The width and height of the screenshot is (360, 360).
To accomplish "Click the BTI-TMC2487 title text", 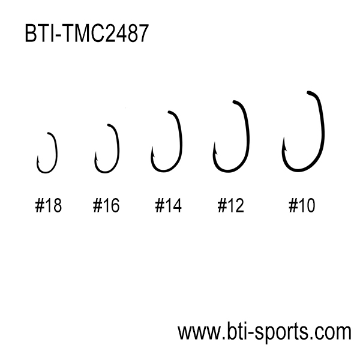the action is pyautogui.click(x=87, y=33).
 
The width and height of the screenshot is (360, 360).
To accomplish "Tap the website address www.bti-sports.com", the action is pyautogui.click(x=264, y=332).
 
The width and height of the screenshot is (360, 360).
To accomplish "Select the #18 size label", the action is pyautogui.click(x=49, y=205).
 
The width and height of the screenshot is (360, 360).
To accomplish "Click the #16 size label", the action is pyautogui.click(x=106, y=205).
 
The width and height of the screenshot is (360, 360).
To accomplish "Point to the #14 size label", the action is pyautogui.click(x=168, y=205).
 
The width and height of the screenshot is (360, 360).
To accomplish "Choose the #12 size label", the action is pyautogui.click(x=231, y=205).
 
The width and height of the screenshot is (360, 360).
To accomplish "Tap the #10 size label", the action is pyautogui.click(x=302, y=205).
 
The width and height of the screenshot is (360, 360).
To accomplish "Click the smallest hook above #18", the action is pyautogui.click(x=56, y=152).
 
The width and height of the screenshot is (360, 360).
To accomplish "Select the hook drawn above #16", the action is pyautogui.click(x=118, y=147).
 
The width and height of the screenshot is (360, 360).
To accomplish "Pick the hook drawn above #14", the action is pyautogui.click(x=181, y=142).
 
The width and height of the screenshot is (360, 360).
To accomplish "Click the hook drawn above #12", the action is pyautogui.click(x=248, y=138).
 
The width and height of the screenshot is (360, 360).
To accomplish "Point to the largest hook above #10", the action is pyautogui.click(x=323, y=133).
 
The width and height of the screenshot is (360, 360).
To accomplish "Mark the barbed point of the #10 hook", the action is pyautogui.click(x=284, y=137).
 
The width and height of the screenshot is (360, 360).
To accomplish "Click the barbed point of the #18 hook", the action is pyautogui.click(x=38, y=156).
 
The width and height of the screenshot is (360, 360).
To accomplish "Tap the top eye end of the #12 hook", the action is pyautogui.click(x=234, y=101).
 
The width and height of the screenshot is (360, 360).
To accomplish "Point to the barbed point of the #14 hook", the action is pyautogui.click(x=152, y=147).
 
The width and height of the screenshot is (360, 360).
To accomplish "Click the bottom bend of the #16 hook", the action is pyautogui.click(x=105, y=172).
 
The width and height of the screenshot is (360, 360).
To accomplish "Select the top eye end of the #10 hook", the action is pyautogui.click(x=308, y=92).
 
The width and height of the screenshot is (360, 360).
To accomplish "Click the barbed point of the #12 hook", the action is pyautogui.click(x=215, y=143).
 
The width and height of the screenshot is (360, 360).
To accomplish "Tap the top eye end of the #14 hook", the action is pyautogui.click(x=169, y=112).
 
